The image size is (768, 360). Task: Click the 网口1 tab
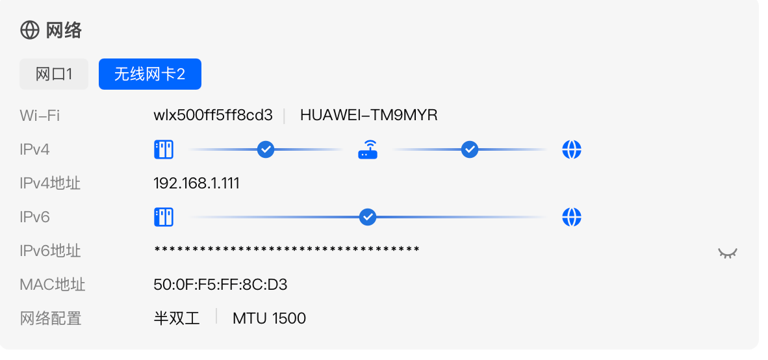(x=54, y=75)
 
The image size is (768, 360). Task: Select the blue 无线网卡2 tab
(x=150, y=75)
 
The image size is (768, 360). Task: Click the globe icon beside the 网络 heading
(x=29, y=31)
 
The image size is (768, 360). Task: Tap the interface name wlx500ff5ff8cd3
(x=213, y=115)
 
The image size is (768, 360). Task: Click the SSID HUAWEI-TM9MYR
(x=369, y=115)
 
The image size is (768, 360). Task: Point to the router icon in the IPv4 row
(x=368, y=149)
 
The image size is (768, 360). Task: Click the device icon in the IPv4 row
(x=164, y=149)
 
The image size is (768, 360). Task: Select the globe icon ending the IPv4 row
(x=572, y=149)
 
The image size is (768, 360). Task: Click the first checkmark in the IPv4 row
(x=266, y=149)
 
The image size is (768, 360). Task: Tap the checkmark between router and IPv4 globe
(x=470, y=149)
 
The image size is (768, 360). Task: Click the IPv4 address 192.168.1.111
(x=196, y=183)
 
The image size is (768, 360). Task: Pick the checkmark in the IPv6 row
(x=367, y=217)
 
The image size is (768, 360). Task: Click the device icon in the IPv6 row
(x=164, y=217)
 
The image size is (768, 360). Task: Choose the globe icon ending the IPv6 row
(x=572, y=217)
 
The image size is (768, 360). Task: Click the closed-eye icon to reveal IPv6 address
(x=727, y=253)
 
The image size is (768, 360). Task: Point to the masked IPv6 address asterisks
(x=287, y=250)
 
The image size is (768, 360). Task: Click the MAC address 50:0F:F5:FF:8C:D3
(x=220, y=285)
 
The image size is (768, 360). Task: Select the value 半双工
(x=177, y=318)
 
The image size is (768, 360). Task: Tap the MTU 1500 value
(x=270, y=318)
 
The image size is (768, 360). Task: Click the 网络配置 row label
(x=51, y=319)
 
